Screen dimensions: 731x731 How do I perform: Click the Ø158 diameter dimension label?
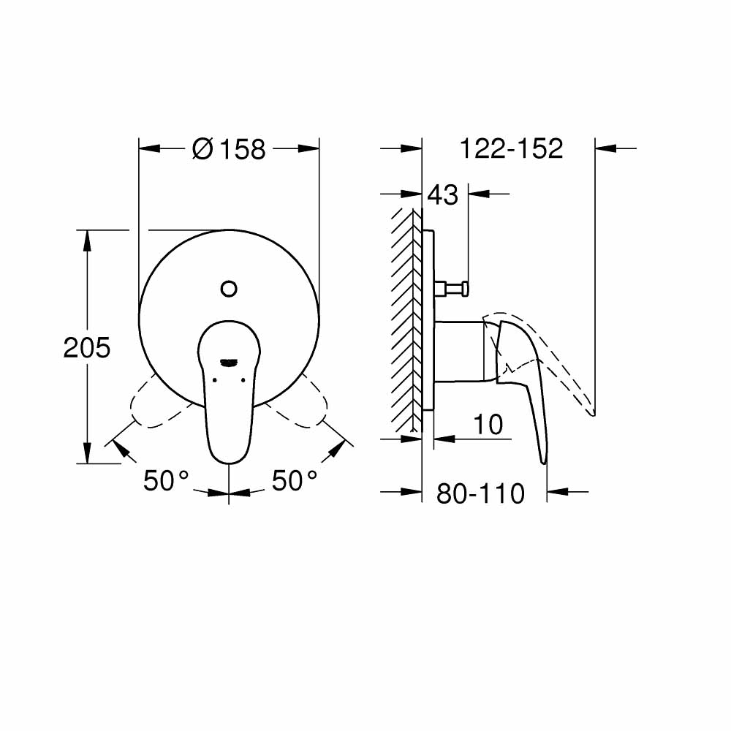(x=229, y=149)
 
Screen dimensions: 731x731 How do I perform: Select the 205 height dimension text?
(x=87, y=348)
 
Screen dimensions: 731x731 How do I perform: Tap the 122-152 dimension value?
(x=511, y=148)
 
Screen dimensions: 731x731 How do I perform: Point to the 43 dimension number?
(x=442, y=194)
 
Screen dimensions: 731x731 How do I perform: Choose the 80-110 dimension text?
(x=480, y=494)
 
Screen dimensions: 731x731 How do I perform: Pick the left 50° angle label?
(x=166, y=481)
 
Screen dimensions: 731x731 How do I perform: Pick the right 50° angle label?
(x=295, y=481)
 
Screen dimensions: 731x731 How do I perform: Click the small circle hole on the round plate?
(x=229, y=289)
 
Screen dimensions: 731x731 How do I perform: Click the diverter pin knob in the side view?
(x=452, y=289)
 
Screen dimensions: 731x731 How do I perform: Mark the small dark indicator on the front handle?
(x=229, y=361)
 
